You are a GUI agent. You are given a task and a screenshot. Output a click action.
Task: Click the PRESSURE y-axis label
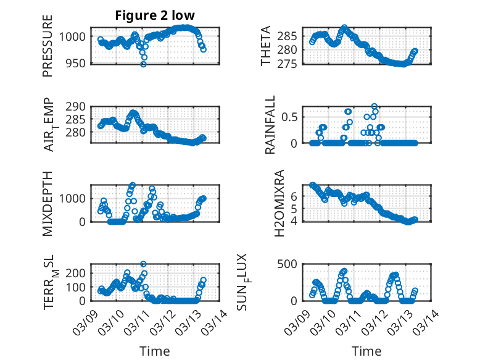(48, 46)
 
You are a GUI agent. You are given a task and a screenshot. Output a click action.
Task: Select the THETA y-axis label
(266, 46)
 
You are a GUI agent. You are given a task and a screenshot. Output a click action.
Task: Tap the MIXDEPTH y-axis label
(48, 204)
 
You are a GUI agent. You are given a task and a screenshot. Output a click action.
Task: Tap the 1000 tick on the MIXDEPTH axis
(74, 198)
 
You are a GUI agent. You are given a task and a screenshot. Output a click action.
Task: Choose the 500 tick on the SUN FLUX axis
(292, 264)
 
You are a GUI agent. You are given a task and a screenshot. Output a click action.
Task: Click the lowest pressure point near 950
(143, 64)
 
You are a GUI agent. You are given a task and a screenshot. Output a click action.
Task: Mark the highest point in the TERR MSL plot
(143, 264)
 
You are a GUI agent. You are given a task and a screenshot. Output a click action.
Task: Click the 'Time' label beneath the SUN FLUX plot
(366, 351)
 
